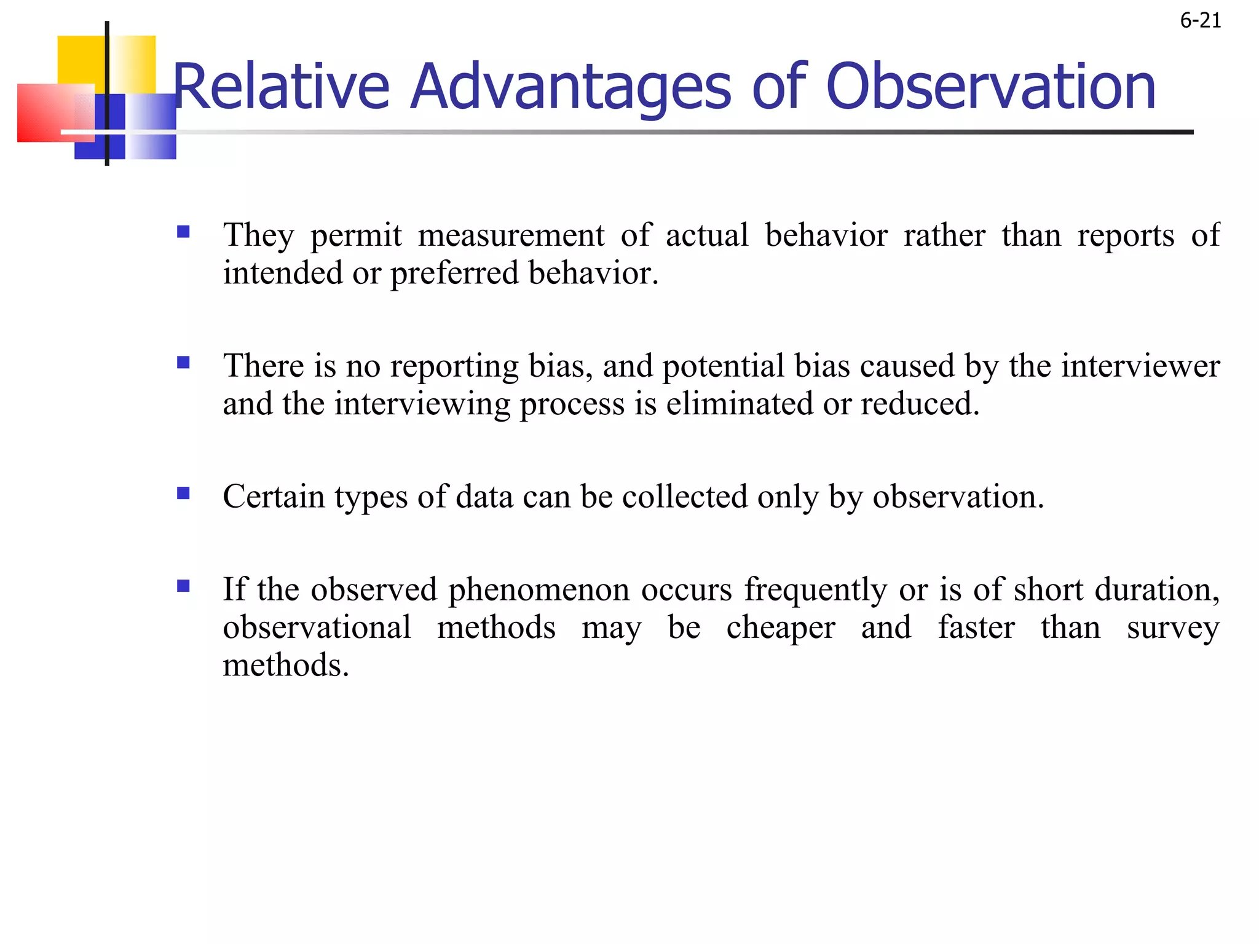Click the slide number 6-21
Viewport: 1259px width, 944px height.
point(1200,21)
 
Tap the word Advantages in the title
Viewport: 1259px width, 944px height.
point(570,87)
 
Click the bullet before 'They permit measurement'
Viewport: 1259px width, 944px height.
point(183,232)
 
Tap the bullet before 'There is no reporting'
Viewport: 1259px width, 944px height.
point(183,363)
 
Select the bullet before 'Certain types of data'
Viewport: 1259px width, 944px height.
point(183,494)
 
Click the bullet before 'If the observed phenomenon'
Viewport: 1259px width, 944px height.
point(183,586)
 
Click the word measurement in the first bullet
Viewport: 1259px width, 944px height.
point(511,236)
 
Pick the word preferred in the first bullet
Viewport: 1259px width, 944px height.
point(454,274)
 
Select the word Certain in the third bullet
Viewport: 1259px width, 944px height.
point(274,497)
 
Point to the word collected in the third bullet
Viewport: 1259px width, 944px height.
point(684,497)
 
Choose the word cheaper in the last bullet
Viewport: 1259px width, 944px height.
point(780,628)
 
